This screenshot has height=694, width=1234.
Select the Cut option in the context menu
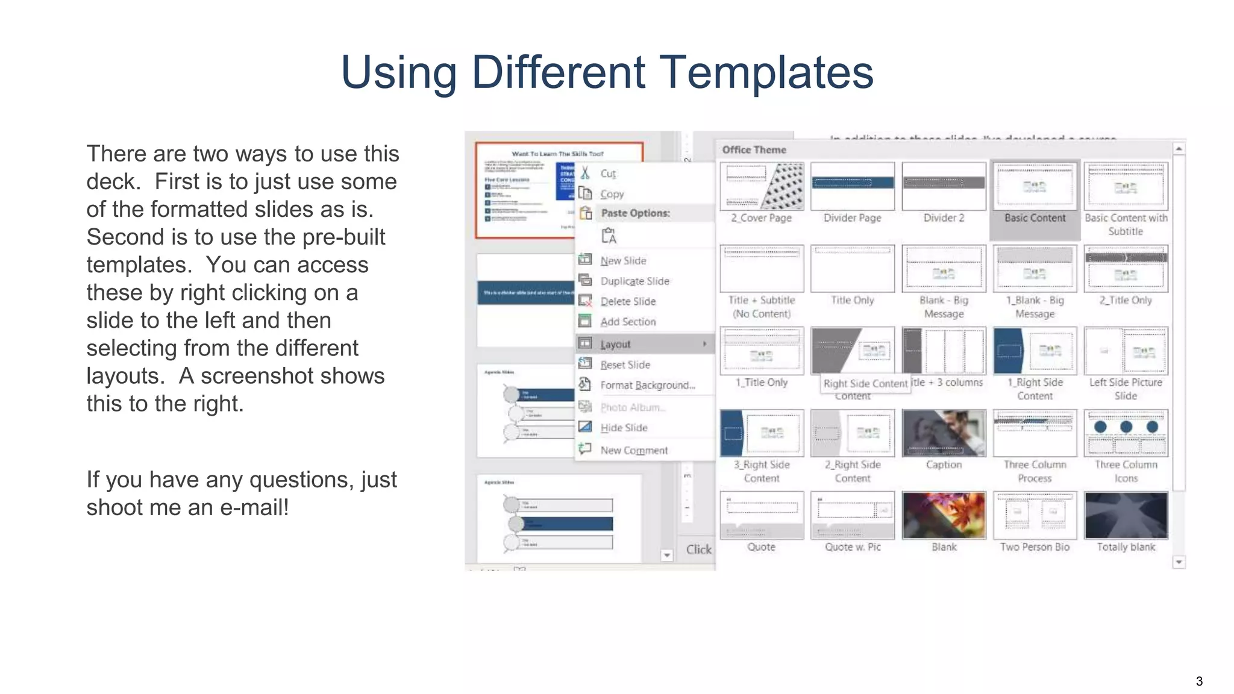[x=607, y=173]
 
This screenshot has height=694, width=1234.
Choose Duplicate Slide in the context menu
[x=634, y=281]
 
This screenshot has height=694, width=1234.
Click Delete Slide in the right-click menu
[x=627, y=301]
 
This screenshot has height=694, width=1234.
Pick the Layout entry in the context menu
[x=615, y=344]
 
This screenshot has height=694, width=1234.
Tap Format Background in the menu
[x=647, y=385]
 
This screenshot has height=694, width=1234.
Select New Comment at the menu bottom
[x=633, y=450]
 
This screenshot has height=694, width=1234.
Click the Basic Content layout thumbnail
[x=1035, y=186]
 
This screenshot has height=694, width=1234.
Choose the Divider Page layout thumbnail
[x=852, y=186]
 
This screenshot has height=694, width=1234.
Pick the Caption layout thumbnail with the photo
[x=944, y=433]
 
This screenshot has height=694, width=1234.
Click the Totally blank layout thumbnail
[x=1126, y=515]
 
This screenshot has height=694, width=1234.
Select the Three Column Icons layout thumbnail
[x=1126, y=433]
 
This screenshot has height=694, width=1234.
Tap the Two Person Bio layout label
[x=1035, y=547]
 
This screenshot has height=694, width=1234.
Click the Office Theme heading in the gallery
[x=754, y=149]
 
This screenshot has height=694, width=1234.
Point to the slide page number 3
[x=1199, y=681]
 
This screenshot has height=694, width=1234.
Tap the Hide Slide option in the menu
[x=624, y=428]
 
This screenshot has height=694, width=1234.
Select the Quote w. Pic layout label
[x=852, y=547]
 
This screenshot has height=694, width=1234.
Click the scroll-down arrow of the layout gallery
[x=1179, y=562]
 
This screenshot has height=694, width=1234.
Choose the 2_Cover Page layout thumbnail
[x=762, y=186]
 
